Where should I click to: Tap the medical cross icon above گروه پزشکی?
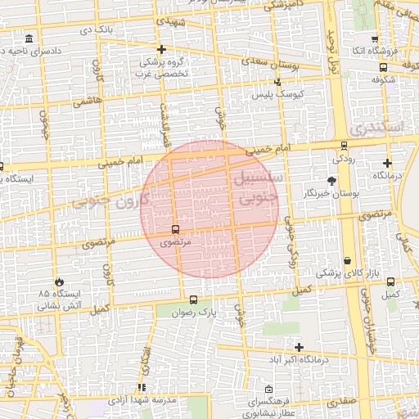[161, 49]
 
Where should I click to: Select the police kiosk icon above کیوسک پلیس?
[278, 82]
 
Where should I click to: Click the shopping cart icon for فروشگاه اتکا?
[375, 38]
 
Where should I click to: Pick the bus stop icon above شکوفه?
[383, 67]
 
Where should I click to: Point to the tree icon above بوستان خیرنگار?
[331, 181]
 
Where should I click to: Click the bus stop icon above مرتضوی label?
[176, 230]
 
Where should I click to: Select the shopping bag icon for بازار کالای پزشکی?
[348, 259]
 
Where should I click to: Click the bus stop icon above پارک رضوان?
[193, 300]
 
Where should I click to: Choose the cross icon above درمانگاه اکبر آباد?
[299, 347]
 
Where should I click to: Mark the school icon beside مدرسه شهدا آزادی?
[142, 387]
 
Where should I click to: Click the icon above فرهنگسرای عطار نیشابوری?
[269, 389]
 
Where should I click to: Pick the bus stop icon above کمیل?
[390, 282]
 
